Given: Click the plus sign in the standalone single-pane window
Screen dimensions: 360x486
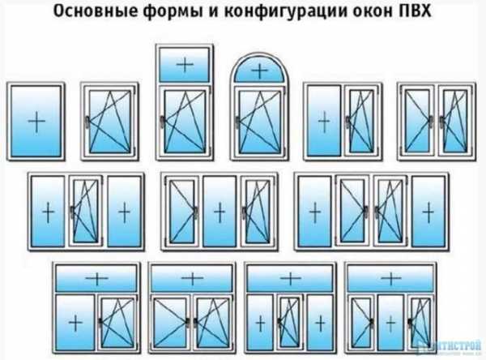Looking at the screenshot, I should pyautogui.click(x=36, y=122).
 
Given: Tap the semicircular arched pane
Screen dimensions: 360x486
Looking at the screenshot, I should pyautogui.click(x=258, y=71).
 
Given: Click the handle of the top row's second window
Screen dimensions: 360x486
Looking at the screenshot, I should pyautogui.click(x=89, y=122).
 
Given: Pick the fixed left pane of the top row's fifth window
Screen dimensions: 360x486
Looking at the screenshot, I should pyautogui.click(x=324, y=122).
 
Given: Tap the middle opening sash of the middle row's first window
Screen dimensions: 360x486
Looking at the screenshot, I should pyautogui.click(x=84, y=212).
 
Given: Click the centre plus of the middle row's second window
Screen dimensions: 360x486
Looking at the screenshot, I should pyautogui.click(x=218, y=212).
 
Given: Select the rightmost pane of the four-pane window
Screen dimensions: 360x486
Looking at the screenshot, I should pyautogui.click(x=424, y=212).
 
